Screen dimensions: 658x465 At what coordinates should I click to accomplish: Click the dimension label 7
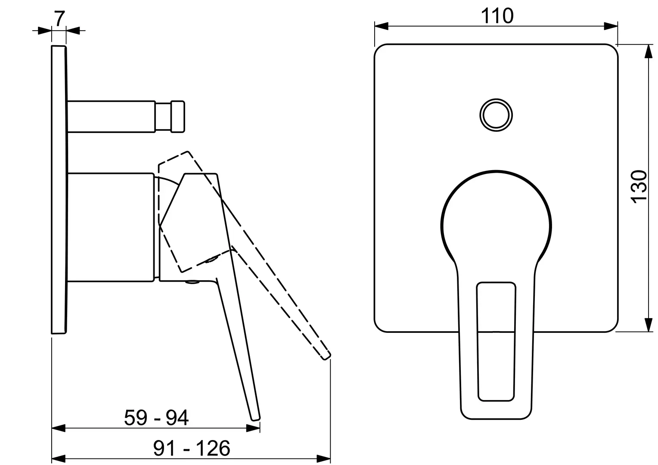(59, 19)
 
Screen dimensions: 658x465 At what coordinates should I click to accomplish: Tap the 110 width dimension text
(497, 16)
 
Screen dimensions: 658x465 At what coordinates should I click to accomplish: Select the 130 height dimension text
(639, 186)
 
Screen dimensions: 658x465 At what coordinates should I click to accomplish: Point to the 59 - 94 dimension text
(156, 417)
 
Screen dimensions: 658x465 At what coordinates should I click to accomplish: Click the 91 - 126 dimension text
(192, 448)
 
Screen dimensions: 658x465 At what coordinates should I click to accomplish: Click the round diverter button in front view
(496, 115)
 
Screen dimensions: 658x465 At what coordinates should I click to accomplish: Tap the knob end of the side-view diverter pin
(178, 117)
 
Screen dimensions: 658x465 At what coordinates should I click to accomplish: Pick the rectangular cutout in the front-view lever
(496, 341)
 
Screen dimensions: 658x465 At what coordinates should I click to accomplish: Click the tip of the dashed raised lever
(327, 356)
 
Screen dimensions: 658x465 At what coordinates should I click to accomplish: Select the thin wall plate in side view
(59, 189)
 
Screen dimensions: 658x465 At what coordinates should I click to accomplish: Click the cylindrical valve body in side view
(111, 228)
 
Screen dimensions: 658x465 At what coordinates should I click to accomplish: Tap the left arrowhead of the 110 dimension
(381, 26)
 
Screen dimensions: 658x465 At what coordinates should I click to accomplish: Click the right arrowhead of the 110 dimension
(611, 26)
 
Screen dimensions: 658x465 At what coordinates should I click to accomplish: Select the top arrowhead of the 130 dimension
(648, 52)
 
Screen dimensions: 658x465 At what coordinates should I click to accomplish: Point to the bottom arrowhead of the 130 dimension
(648, 325)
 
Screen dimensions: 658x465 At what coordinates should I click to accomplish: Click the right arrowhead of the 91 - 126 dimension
(323, 458)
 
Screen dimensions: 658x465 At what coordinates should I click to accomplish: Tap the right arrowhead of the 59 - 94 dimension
(253, 428)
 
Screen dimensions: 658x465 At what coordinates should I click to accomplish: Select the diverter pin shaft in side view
(112, 117)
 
